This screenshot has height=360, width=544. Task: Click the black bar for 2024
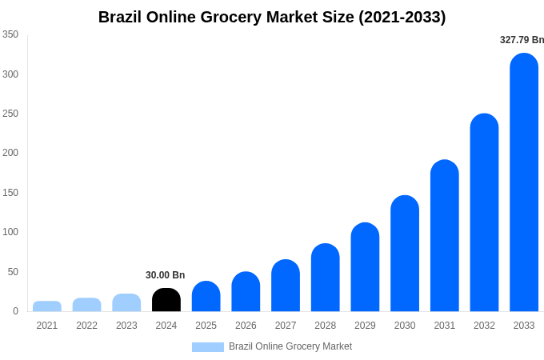pyautogui.click(x=166, y=300)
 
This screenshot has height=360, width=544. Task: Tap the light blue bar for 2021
pyautogui.click(x=47, y=306)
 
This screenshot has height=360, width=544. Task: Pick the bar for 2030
pyautogui.click(x=405, y=254)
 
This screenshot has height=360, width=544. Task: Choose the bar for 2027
pyautogui.click(x=286, y=286)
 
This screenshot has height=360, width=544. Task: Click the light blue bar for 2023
pyautogui.click(x=126, y=302)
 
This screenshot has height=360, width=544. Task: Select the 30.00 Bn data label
pyautogui.click(x=165, y=275)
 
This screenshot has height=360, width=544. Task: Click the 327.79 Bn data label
pyautogui.click(x=522, y=40)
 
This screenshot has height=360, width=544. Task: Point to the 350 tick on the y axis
pyautogui.click(x=10, y=34)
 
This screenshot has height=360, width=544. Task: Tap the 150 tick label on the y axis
pyautogui.click(x=10, y=193)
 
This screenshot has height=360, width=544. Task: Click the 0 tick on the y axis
pyautogui.click(x=15, y=311)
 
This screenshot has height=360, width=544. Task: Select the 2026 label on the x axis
pyautogui.click(x=246, y=326)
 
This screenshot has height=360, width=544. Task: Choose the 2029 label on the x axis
pyautogui.click(x=365, y=326)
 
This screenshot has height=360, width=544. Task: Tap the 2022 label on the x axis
pyautogui.click(x=86, y=326)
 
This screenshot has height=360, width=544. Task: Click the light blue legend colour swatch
pyautogui.click(x=207, y=347)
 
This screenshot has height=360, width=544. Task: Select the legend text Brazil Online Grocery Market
pyautogui.click(x=290, y=346)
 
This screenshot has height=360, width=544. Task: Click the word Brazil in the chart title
pyautogui.click(x=121, y=17)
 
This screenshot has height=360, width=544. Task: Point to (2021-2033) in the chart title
pyautogui.click(x=402, y=17)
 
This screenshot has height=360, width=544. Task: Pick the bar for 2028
pyautogui.click(x=326, y=278)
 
